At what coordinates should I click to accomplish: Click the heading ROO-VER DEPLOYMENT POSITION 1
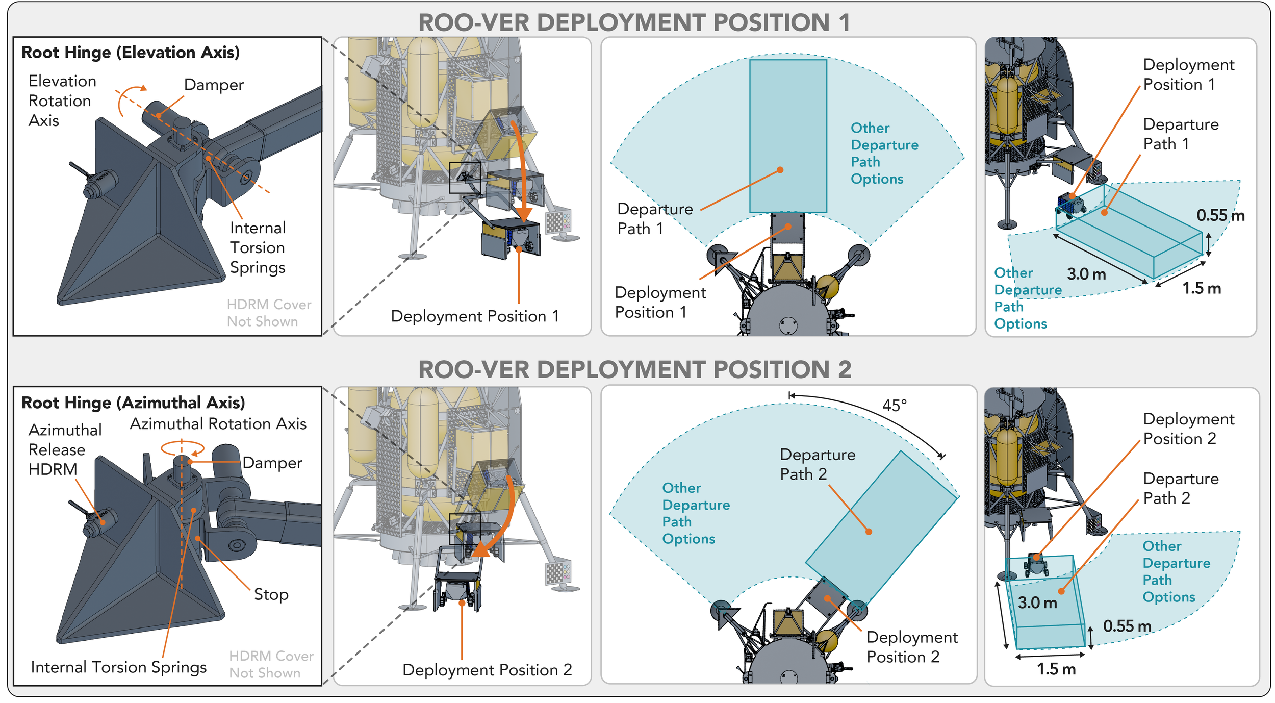click(634, 22)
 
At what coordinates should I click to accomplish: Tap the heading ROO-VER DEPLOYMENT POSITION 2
click(634, 369)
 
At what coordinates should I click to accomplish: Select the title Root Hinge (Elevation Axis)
click(131, 53)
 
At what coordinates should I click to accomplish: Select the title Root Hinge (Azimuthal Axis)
click(133, 403)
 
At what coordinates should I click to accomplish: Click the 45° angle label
click(895, 406)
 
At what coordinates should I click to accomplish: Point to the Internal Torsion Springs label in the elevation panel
click(258, 248)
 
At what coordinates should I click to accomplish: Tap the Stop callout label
click(271, 595)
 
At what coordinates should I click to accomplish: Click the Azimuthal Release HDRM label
click(65, 449)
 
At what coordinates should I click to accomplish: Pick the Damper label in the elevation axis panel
click(214, 85)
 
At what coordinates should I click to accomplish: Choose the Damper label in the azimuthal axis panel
click(272, 463)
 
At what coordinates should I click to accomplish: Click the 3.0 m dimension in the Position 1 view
click(1086, 274)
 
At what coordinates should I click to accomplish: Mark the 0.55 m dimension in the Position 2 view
click(1127, 626)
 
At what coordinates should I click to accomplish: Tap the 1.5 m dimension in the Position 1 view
click(1202, 288)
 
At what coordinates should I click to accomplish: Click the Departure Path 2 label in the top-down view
click(818, 464)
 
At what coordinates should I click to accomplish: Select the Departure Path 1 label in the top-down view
click(655, 219)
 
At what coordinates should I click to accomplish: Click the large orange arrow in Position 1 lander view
click(521, 168)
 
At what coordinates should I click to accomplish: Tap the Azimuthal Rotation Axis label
click(218, 424)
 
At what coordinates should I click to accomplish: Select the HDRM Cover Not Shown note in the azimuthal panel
click(271, 664)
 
